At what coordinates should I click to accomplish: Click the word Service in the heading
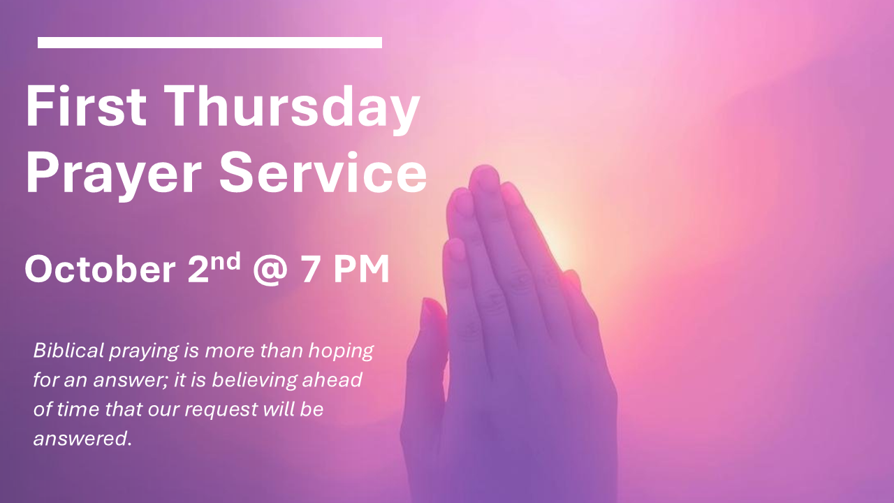(x=323, y=172)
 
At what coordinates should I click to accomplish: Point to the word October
(x=100, y=269)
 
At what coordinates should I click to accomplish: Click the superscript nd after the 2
(x=226, y=261)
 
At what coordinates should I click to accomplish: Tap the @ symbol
(x=270, y=270)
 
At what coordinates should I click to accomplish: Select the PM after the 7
(x=361, y=269)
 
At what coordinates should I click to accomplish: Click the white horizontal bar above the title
(x=210, y=43)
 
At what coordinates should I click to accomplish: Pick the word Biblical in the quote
(x=68, y=350)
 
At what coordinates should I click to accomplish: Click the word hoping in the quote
(x=341, y=351)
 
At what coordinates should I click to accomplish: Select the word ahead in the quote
(x=332, y=379)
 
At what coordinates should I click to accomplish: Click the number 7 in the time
(x=310, y=269)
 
